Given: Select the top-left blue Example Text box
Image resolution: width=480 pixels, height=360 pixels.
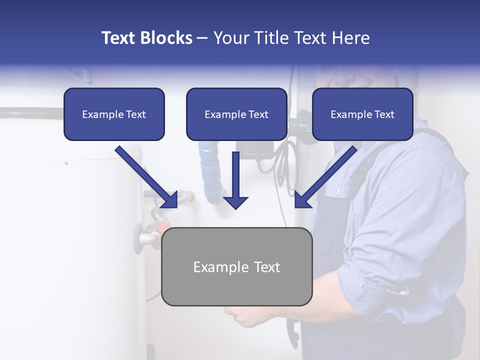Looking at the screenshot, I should (114, 114).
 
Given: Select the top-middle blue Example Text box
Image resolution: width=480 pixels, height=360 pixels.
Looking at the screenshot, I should (236, 114).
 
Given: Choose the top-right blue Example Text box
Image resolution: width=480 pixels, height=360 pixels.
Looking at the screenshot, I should (362, 114).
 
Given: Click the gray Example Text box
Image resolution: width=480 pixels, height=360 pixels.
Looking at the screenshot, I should (236, 267).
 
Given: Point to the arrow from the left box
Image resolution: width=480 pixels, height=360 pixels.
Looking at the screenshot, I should (146, 176).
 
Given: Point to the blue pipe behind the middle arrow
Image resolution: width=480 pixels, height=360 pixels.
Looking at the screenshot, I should (210, 170).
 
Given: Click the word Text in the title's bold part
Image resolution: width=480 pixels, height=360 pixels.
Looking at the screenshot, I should (119, 38).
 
